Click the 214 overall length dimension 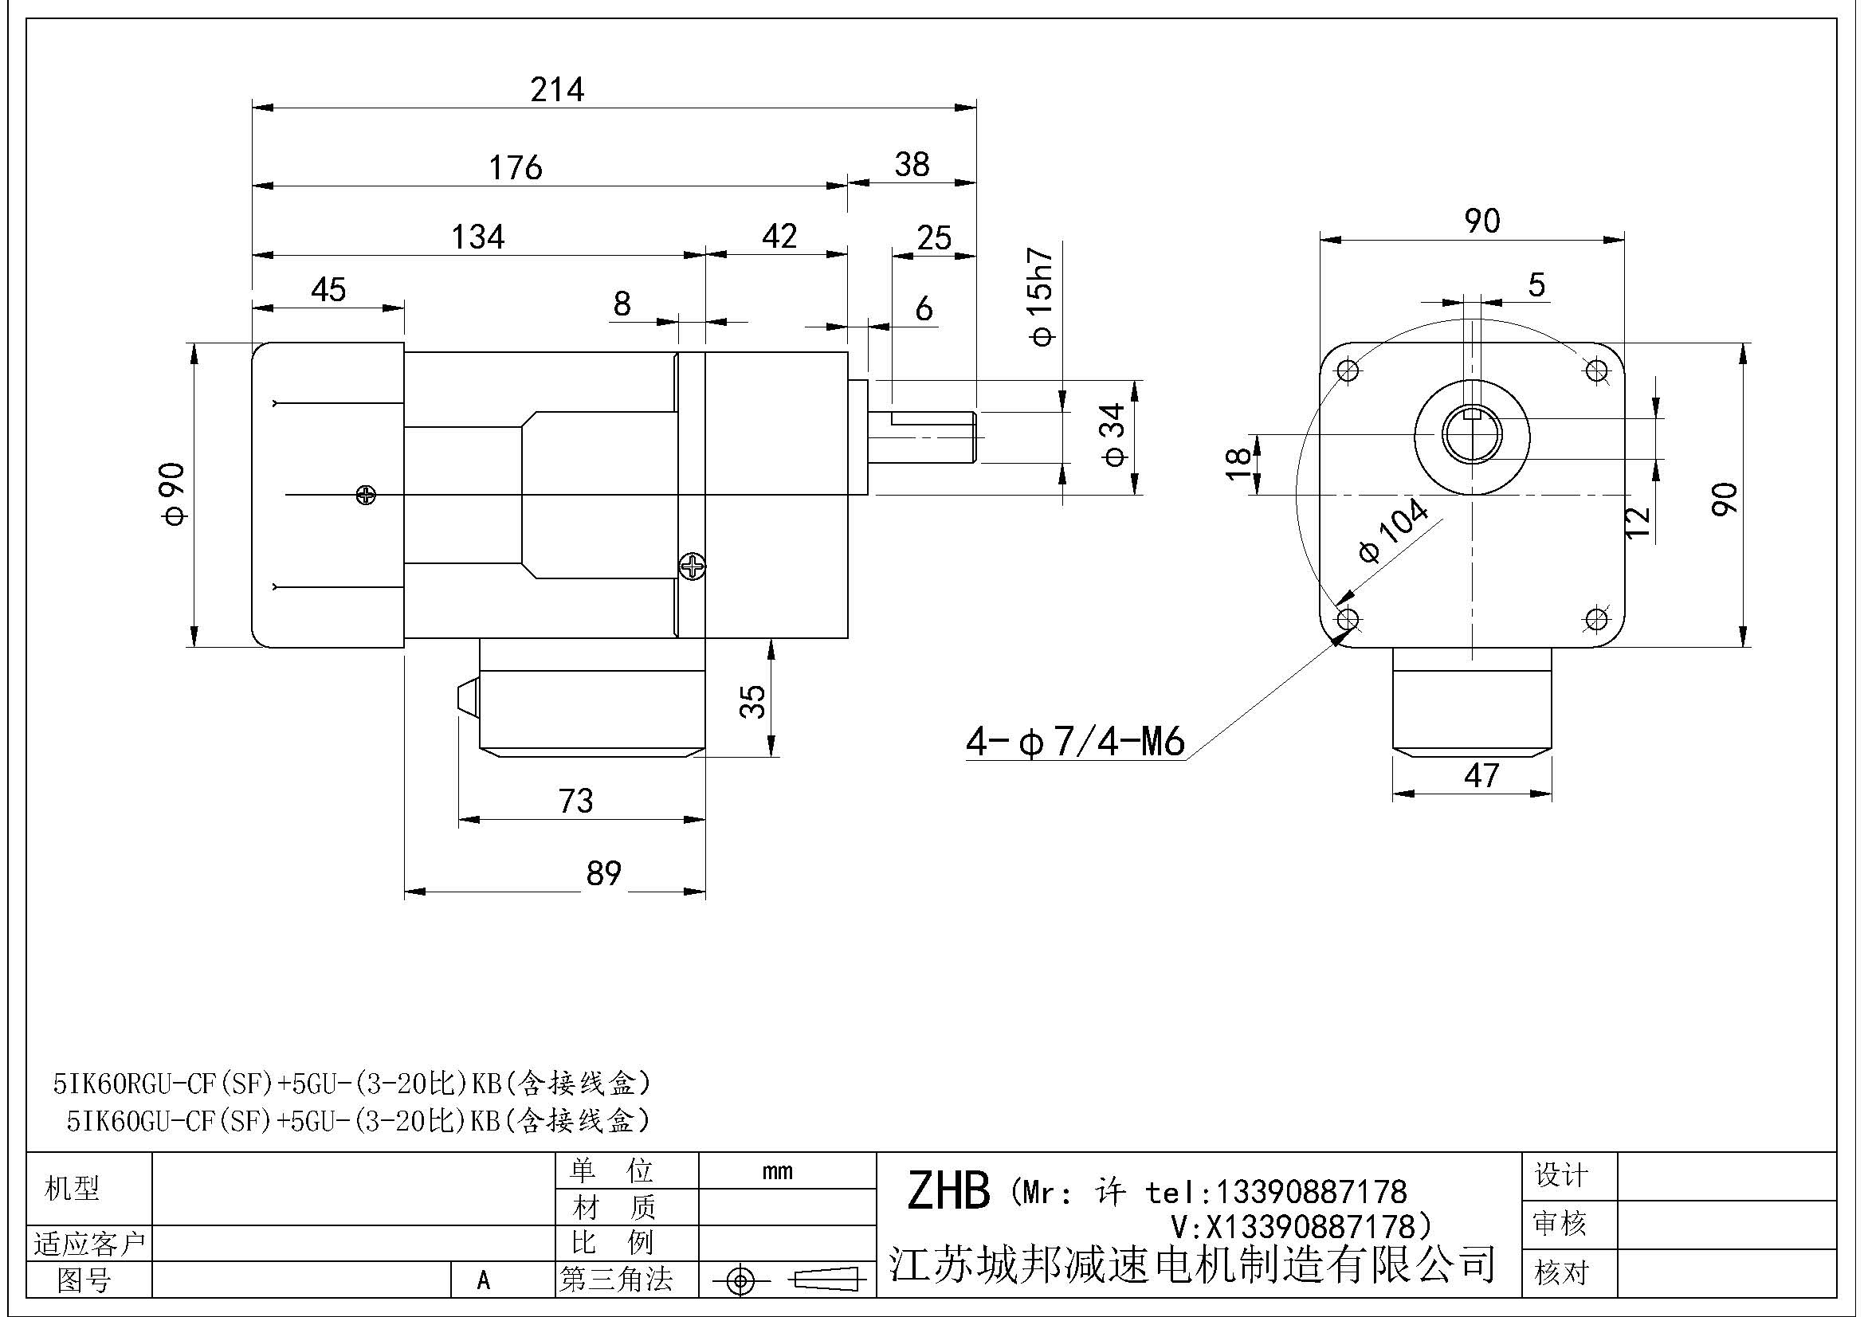(557, 89)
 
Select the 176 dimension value (516, 168)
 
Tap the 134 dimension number (478, 237)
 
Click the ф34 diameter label (1115, 435)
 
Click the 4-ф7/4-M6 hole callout (1075, 743)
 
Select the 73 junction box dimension (575, 802)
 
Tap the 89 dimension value (603, 874)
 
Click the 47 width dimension (1481, 776)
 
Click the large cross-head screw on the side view (692, 566)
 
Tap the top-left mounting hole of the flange (1348, 370)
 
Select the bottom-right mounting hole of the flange (1596, 620)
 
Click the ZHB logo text (948, 1190)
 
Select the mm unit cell (777, 1171)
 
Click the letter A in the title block (484, 1280)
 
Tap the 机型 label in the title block (72, 1189)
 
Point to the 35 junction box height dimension (753, 701)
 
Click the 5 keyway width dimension (1536, 284)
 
